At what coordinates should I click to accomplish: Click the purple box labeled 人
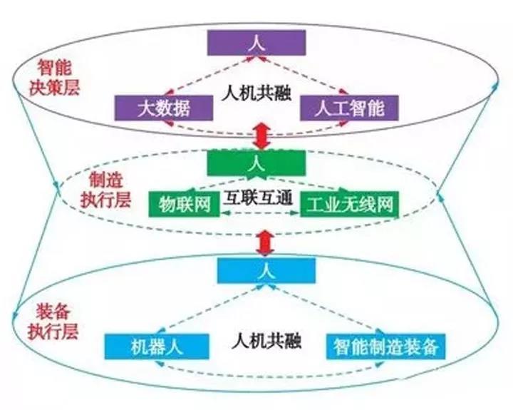point(256,43)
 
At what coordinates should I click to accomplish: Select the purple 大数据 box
point(164,108)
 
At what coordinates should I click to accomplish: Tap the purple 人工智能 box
point(349,108)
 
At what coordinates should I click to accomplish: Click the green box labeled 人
point(256,163)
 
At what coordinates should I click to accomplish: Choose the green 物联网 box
point(185,205)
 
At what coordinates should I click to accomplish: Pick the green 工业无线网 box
point(349,205)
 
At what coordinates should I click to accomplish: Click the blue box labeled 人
point(266,270)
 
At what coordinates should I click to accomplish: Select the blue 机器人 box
point(157,347)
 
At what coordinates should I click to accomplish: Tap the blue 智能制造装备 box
point(385,347)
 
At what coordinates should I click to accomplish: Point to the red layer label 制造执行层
point(105,190)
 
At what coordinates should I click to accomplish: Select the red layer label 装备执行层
point(53,322)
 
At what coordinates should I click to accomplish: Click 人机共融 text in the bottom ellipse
point(266,341)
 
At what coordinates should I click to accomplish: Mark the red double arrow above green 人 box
point(261,136)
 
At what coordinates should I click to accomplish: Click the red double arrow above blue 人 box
point(264,243)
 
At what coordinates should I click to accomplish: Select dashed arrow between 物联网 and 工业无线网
point(260,213)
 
